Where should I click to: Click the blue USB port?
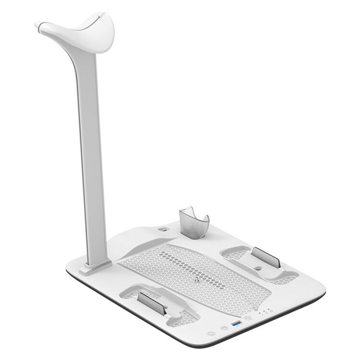coord(237,323)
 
